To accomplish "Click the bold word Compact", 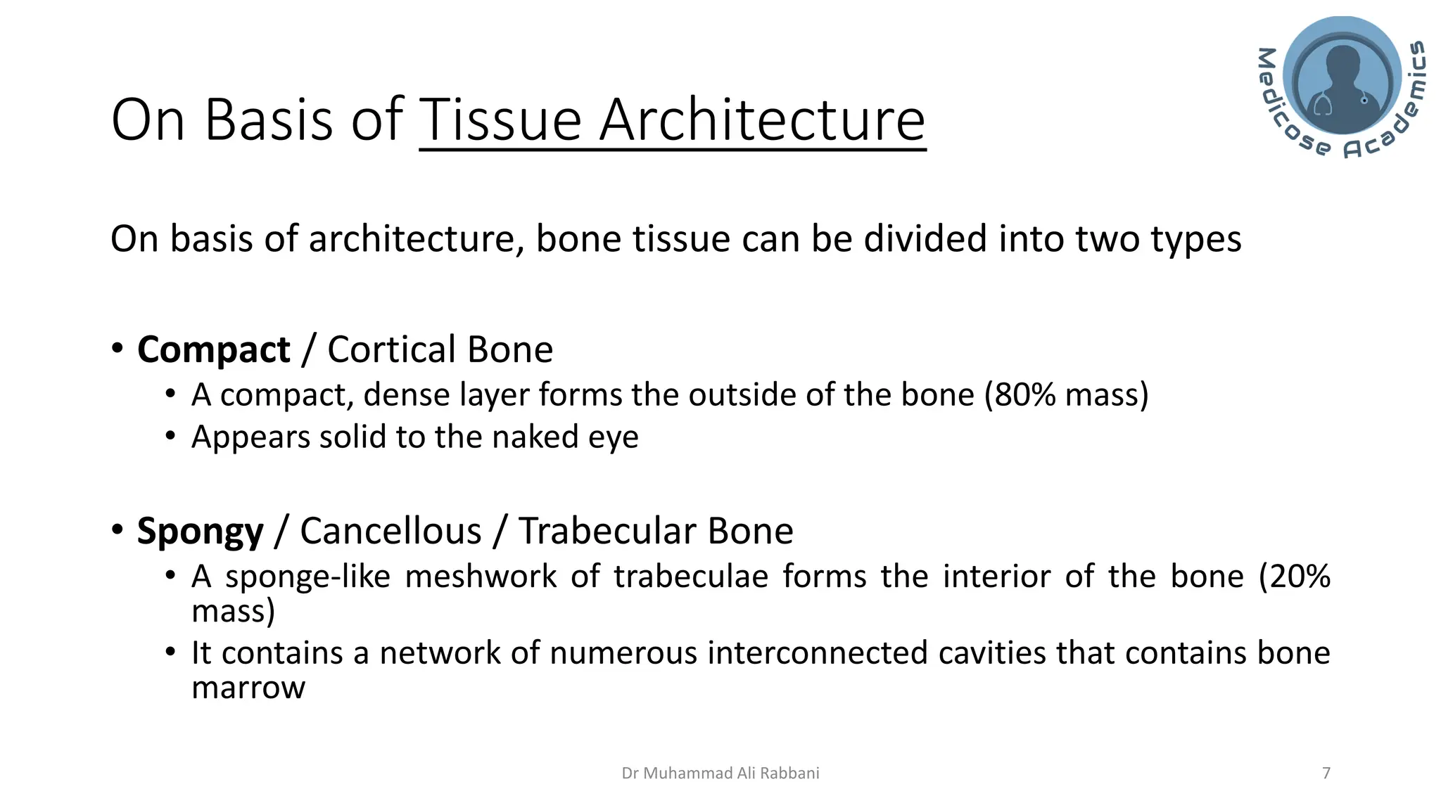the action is tap(213, 350).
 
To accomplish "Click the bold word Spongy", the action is tap(200, 532).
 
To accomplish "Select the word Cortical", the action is tap(391, 350).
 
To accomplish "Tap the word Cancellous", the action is tap(391, 531).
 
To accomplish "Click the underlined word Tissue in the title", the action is tap(500, 120).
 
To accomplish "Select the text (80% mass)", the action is tap(1066, 395).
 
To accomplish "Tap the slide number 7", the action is tap(1326, 773).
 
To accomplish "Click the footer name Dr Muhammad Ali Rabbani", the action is tap(720, 773).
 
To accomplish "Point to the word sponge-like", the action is tap(307, 577).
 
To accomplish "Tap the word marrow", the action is tap(248, 688).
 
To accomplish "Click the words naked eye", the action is tap(565, 437).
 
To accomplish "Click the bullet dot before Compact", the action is tap(118, 349).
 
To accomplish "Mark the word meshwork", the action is tap(480, 577).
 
